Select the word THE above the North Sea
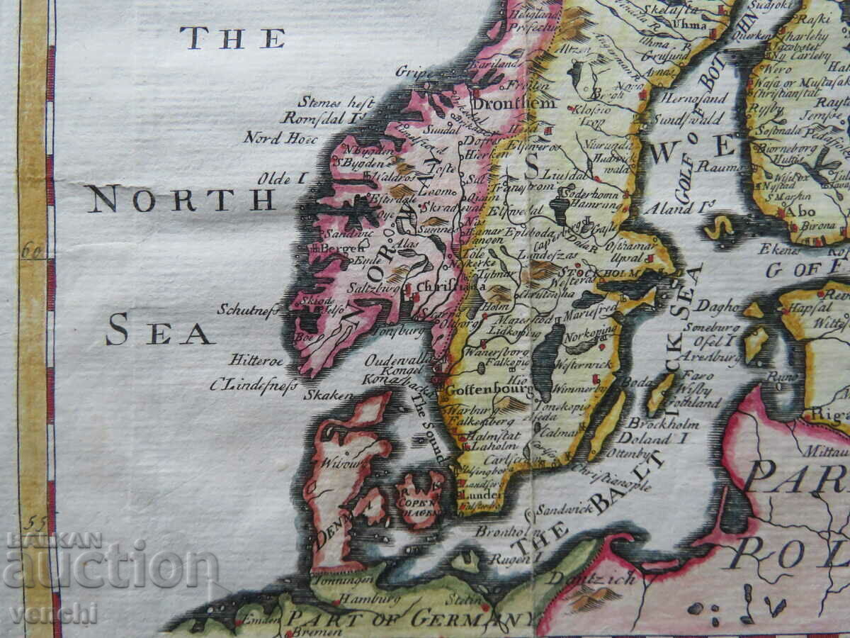point(232,38)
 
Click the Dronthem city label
point(505,103)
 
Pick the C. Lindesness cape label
point(253,385)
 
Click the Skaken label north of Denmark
point(328,394)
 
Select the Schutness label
point(248,310)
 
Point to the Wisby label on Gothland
point(693,389)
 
